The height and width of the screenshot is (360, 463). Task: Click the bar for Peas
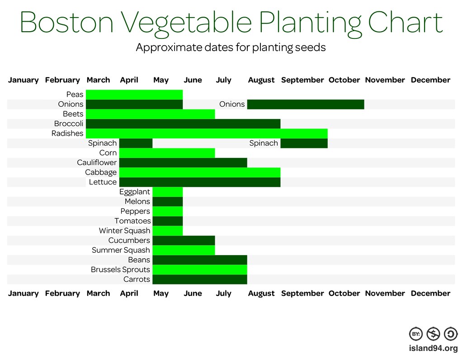[134, 95]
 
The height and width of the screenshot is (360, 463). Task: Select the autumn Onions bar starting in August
[306, 104]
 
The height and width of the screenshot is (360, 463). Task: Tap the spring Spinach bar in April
[136, 143]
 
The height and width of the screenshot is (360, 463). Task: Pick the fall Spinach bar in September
[304, 143]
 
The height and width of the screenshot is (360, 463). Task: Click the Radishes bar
[206, 133]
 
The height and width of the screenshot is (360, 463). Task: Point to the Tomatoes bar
[167, 221]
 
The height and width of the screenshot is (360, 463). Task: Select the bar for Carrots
[199, 279]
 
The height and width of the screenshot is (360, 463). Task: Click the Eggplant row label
[135, 192]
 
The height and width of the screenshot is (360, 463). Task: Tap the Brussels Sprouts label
[120, 270]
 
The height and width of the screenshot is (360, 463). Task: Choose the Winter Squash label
[124, 231]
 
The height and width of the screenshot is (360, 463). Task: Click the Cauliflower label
[97, 162]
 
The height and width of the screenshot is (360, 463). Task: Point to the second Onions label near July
[232, 104]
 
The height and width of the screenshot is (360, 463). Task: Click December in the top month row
[430, 80]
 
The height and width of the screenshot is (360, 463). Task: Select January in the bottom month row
[24, 294]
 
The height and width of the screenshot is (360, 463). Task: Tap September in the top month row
[302, 80]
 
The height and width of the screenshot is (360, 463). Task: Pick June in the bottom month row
[193, 294]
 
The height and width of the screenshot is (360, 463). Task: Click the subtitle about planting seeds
[231, 47]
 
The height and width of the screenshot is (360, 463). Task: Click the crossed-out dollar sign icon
[434, 334]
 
